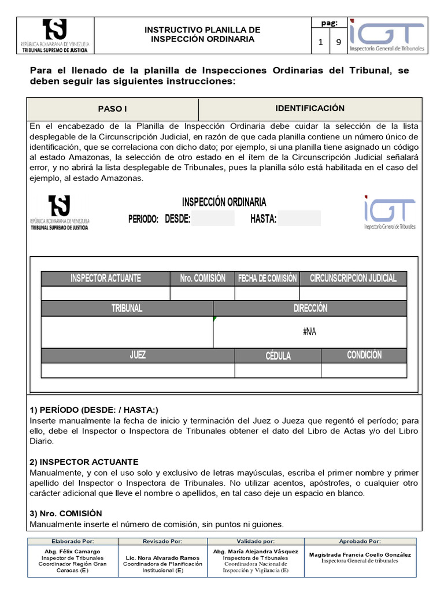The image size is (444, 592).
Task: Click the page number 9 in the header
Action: (x=338, y=42)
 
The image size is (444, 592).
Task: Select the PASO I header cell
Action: (x=112, y=109)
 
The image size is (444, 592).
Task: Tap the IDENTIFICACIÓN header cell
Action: (x=310, y=109)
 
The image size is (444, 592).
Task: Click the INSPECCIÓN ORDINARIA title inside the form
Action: (x=224, y=202)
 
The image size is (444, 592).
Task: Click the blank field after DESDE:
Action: (x=213, y=219)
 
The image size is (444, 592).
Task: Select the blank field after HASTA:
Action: (x=299, y=219)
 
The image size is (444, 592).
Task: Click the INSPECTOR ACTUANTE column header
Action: (x=105, y=278)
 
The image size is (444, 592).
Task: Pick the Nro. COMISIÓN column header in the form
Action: (x=202, y=278)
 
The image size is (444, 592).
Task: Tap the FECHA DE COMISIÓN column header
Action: (x=267, y=278)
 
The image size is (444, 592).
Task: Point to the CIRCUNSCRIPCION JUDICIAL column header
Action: (x=353, y=278)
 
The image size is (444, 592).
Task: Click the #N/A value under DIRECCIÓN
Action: (x=310, y=332)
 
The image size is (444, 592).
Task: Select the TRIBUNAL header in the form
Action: (x=127, y=308)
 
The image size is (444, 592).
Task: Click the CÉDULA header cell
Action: (x=278, y=356)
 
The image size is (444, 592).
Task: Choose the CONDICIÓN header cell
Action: (x=364, y=355)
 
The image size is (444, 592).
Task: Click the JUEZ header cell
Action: (x=138, y=355)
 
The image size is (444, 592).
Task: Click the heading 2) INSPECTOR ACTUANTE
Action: (x=84, y=462)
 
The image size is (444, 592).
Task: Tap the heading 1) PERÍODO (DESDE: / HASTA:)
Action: (x=94, y=410)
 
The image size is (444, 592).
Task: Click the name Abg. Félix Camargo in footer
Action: (x=72, y=552)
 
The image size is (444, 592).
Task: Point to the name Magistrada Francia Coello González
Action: (x=360, y=554)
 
